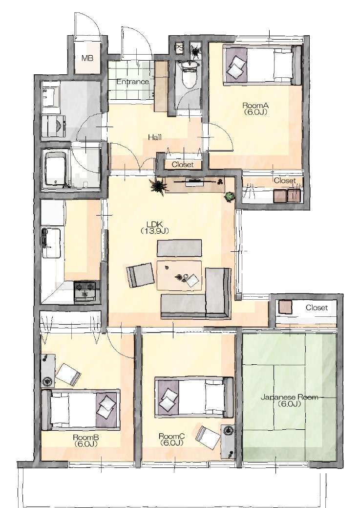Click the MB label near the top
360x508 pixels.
click(x=87, y=58)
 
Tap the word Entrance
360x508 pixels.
click(x=133, y=82)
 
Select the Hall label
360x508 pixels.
click(x=155, y=137)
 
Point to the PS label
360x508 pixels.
click(x=179, y=47)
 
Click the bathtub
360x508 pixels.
click(x=56, y=169)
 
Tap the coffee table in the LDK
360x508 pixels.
click(x=179, y=275)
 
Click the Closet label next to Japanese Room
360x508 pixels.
click(x=317, y=308)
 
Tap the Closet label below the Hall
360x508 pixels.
click(x=183, y=165)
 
